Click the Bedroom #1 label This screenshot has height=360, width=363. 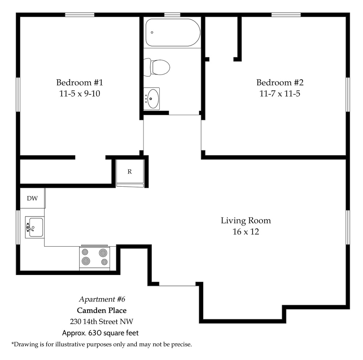[79, 82]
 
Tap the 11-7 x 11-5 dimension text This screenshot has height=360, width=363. [280, 94]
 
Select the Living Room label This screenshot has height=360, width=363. [246, 220]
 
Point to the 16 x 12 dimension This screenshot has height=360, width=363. [246, 231]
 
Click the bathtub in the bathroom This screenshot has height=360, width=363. [173, 32]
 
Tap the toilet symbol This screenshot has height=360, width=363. [157, 67]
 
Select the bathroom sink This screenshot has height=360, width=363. [152, 99]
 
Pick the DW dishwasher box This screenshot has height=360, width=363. [32, 198]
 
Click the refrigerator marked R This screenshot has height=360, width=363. [130, 172]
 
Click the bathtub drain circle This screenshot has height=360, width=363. [152, 32]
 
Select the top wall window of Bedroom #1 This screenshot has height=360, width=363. [79, 15]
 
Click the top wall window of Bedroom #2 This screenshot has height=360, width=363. [286, 15]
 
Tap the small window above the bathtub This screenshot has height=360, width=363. [172, 15]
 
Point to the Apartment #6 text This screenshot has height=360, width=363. [102, 299]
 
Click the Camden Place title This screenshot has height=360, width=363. [102, 311]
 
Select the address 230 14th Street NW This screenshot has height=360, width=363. [102, 321]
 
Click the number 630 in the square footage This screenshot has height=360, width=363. [95, 333]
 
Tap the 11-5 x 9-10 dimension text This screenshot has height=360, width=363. [79, 94]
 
